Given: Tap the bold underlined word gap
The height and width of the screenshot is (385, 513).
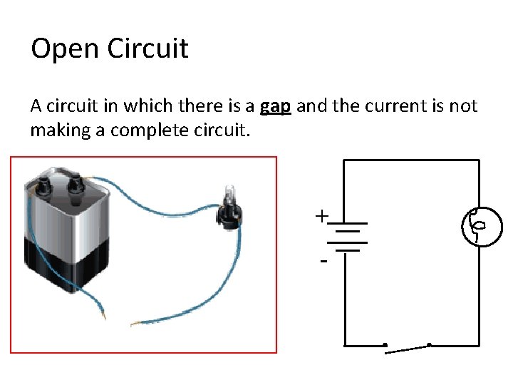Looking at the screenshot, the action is pyautogui.click(x=275, y=107).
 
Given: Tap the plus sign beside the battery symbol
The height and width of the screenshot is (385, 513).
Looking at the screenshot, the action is pyautogui.click(x=323, y=215).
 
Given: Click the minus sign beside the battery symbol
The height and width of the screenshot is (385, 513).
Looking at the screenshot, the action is pyautogui.click(x=324, y=262).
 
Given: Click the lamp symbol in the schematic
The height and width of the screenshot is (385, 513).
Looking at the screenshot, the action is pyautogui.click(x=475, y=227).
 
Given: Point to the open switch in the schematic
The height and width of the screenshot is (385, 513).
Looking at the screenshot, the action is pyautogui.click(x=407, y=349).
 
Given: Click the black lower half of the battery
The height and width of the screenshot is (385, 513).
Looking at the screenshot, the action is pyautogui.click(x=68, y=267).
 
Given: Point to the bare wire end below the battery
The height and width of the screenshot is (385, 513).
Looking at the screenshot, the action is pyautogui.click(x=104, y=314).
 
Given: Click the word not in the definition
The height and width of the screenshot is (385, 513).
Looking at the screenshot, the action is pyautogui.click(x=465, y=107).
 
